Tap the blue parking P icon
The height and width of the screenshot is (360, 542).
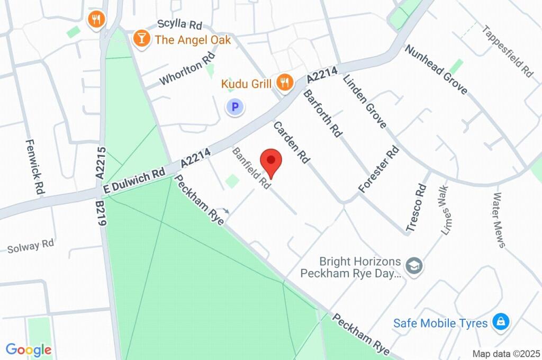tap(236, 108)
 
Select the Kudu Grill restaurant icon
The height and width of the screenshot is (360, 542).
tap(285, 83)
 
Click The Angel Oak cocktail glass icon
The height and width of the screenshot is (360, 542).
tap(141, 38)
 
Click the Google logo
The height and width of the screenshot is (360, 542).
tap(29, 349)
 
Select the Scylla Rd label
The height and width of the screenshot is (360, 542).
tap(180, 25)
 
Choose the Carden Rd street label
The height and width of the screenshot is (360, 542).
tap(291, 142)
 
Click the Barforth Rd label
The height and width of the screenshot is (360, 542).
tap(322, 114)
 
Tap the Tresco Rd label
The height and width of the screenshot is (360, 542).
tap(416, 208)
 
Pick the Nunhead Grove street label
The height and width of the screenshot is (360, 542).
tap(436, 70)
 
